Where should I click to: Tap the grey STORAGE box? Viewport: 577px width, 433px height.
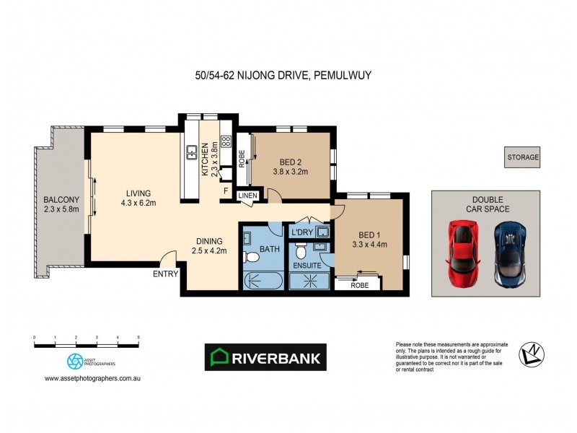522,157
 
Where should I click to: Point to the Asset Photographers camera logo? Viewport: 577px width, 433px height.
74,360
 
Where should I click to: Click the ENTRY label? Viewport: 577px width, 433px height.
164,274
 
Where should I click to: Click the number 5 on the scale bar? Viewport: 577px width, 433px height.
138,338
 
